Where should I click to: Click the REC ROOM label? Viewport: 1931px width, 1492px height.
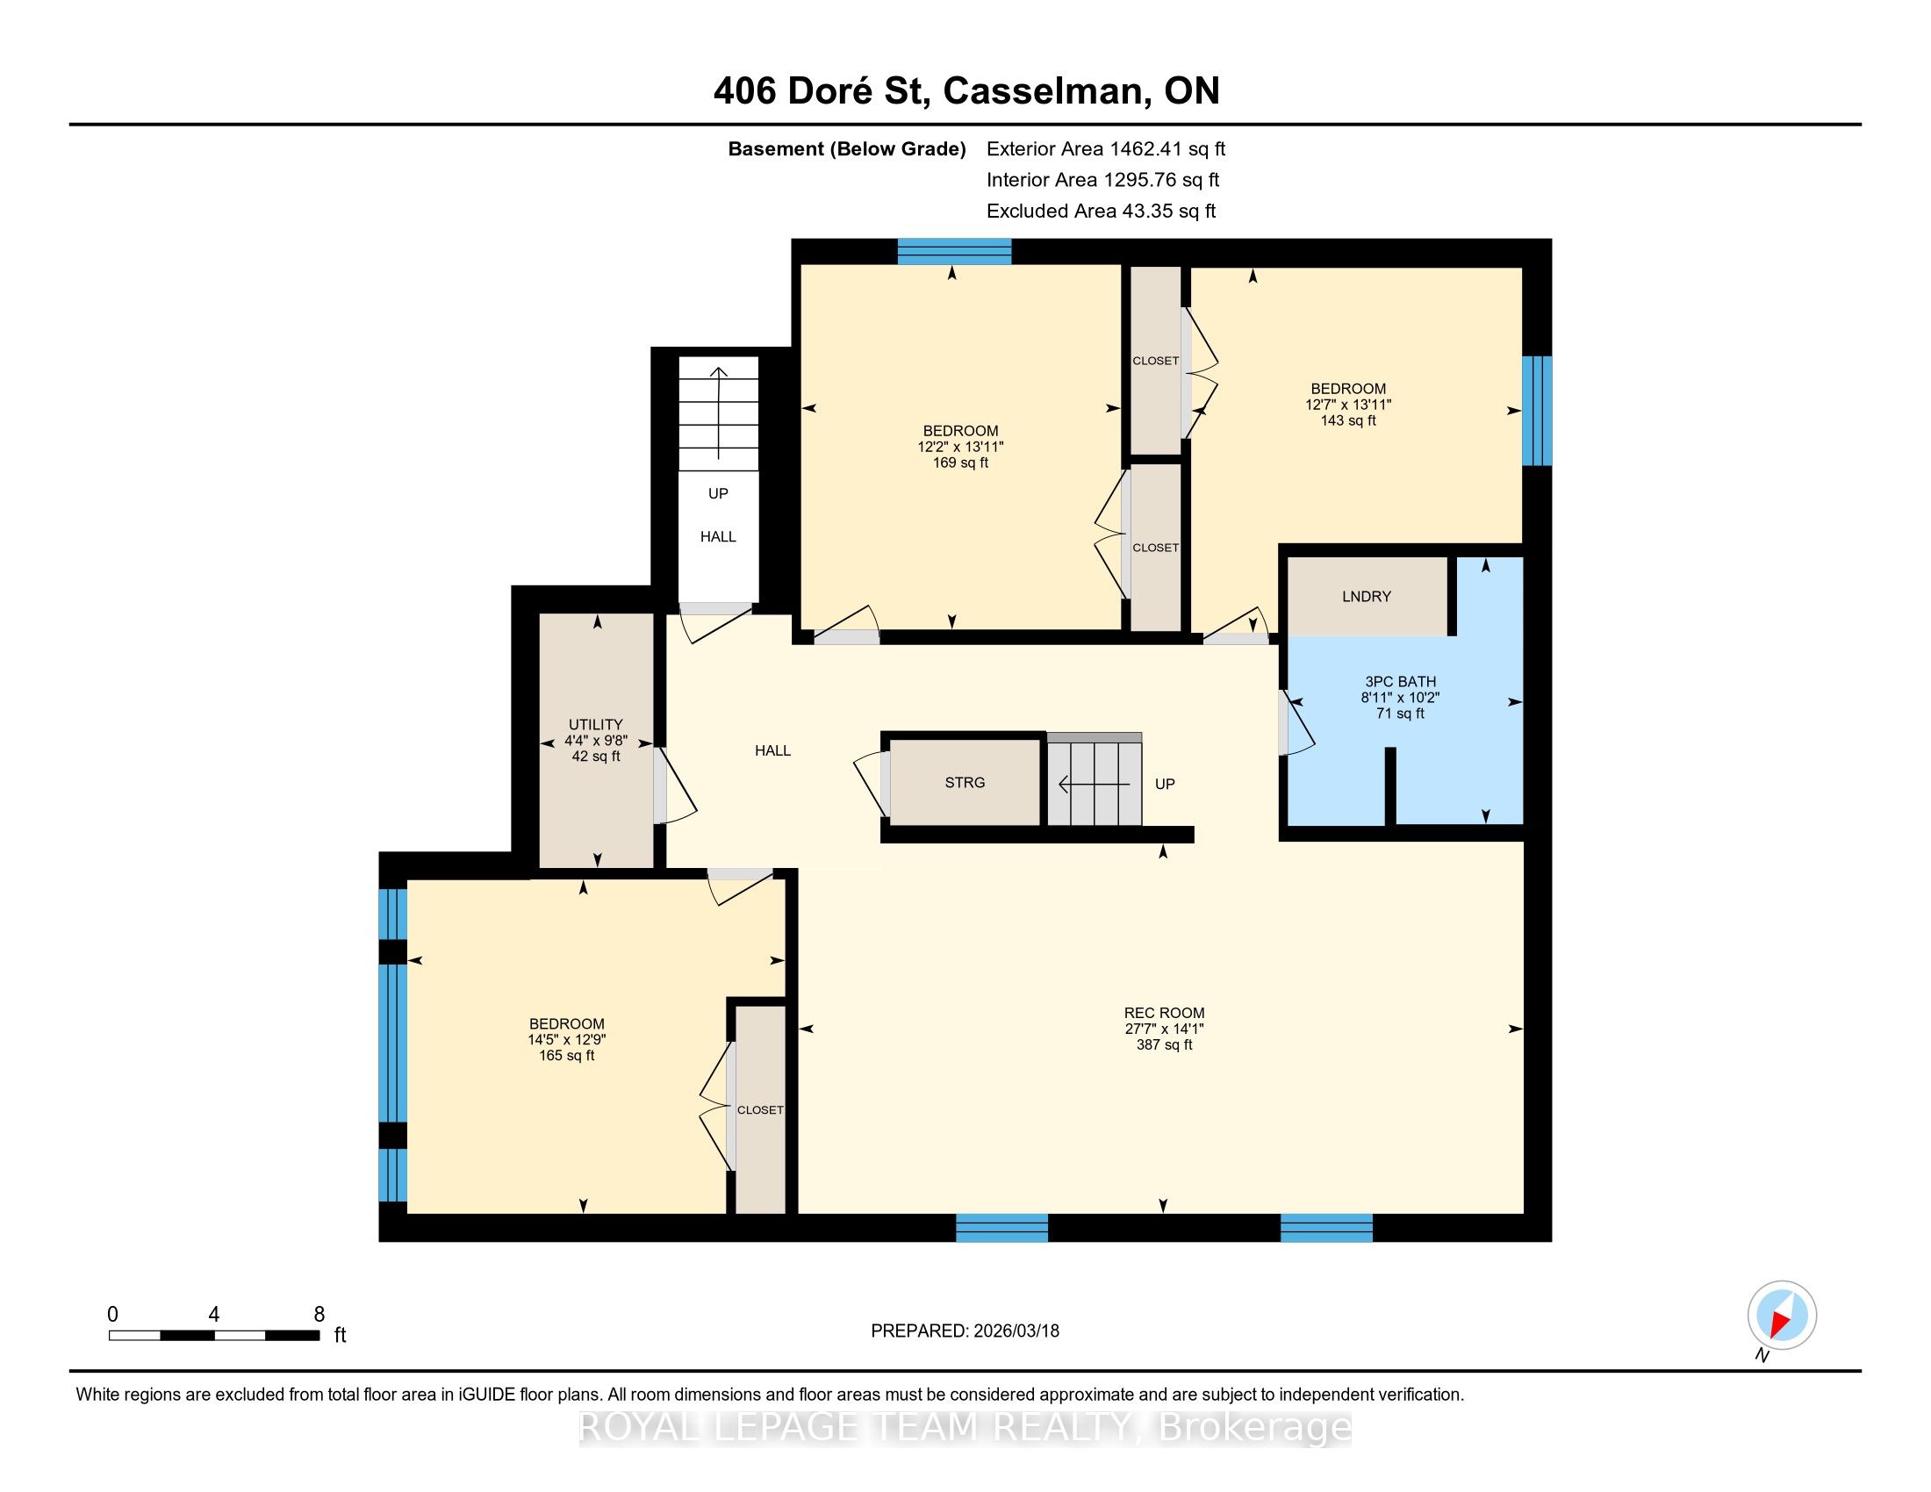click(x=1164, y=1013)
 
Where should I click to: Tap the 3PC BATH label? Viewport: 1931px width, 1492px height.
click(x=1401, y=681)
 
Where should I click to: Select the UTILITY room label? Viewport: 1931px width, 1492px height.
click(x=596, y=724)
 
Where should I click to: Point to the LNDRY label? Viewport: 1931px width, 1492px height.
click(x=1366, y=597)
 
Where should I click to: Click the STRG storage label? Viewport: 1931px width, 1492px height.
click(x=965, y=782)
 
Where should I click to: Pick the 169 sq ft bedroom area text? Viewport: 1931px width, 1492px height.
click(x=960, y=463)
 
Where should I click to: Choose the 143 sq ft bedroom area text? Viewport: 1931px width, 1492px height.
click(x=1348, y=420)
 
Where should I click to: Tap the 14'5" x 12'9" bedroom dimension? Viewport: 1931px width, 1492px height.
click(x=567, y=1039)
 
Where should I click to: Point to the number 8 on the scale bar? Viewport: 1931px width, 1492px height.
click(x=319, y=1315)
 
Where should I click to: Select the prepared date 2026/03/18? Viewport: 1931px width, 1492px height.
click(x=1015, y=1331)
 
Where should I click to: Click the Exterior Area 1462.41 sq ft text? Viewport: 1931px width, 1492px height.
click(x=1106, y=148)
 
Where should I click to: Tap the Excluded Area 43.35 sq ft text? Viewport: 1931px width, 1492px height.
click(x=1102, y=211)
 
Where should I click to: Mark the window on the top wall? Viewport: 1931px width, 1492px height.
click(x=954, y=252)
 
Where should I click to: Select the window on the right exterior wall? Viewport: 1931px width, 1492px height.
click(x=1537, y=410)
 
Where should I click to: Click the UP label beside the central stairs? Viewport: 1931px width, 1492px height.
click(x=1166, y=784)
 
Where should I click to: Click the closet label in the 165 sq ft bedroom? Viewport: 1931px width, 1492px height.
click(x=760, y=1109)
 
